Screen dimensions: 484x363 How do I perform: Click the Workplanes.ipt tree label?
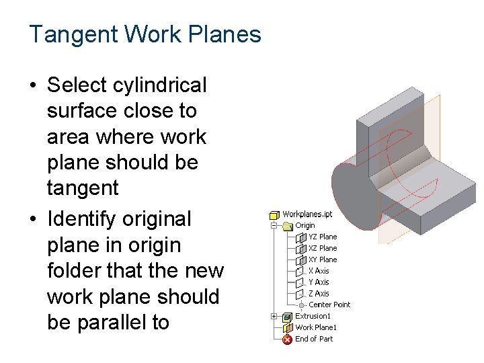point(307,214)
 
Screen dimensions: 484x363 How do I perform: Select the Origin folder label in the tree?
point(305,225)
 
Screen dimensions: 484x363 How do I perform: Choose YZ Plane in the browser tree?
point(323,237)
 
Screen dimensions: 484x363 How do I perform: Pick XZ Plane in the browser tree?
point(323,248)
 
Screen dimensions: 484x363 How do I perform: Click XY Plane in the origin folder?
point(323,259)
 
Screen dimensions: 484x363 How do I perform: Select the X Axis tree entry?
point(319,271)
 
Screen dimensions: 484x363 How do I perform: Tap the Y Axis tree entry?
point(319,282)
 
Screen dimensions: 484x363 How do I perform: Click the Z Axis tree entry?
point(319,294)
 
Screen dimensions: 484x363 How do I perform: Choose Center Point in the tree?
point(329,305)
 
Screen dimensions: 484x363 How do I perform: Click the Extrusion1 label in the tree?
point(313,316)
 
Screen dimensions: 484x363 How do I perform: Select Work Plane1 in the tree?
point(316,327)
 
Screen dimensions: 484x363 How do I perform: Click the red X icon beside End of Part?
point(287,339)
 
